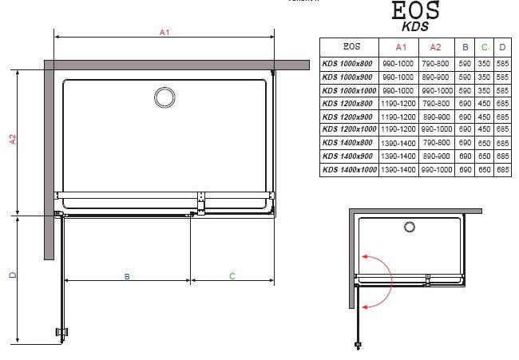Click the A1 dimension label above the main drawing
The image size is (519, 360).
(x=164, y=32)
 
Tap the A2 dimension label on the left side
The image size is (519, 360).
(x=13, y=140)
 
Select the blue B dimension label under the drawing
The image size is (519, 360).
(x=127, y=276)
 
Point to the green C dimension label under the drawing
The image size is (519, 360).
(x=232, y=276)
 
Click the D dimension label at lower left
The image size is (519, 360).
(x=13, y=275)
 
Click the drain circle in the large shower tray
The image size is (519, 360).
(x=164, y=97)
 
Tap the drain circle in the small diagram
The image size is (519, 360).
(x=410, y=227)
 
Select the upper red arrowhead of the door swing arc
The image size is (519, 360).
(x=365, y=256)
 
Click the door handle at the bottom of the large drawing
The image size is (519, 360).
(x=62, y=331)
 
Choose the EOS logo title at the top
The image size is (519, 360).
(x=416, y=10)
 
